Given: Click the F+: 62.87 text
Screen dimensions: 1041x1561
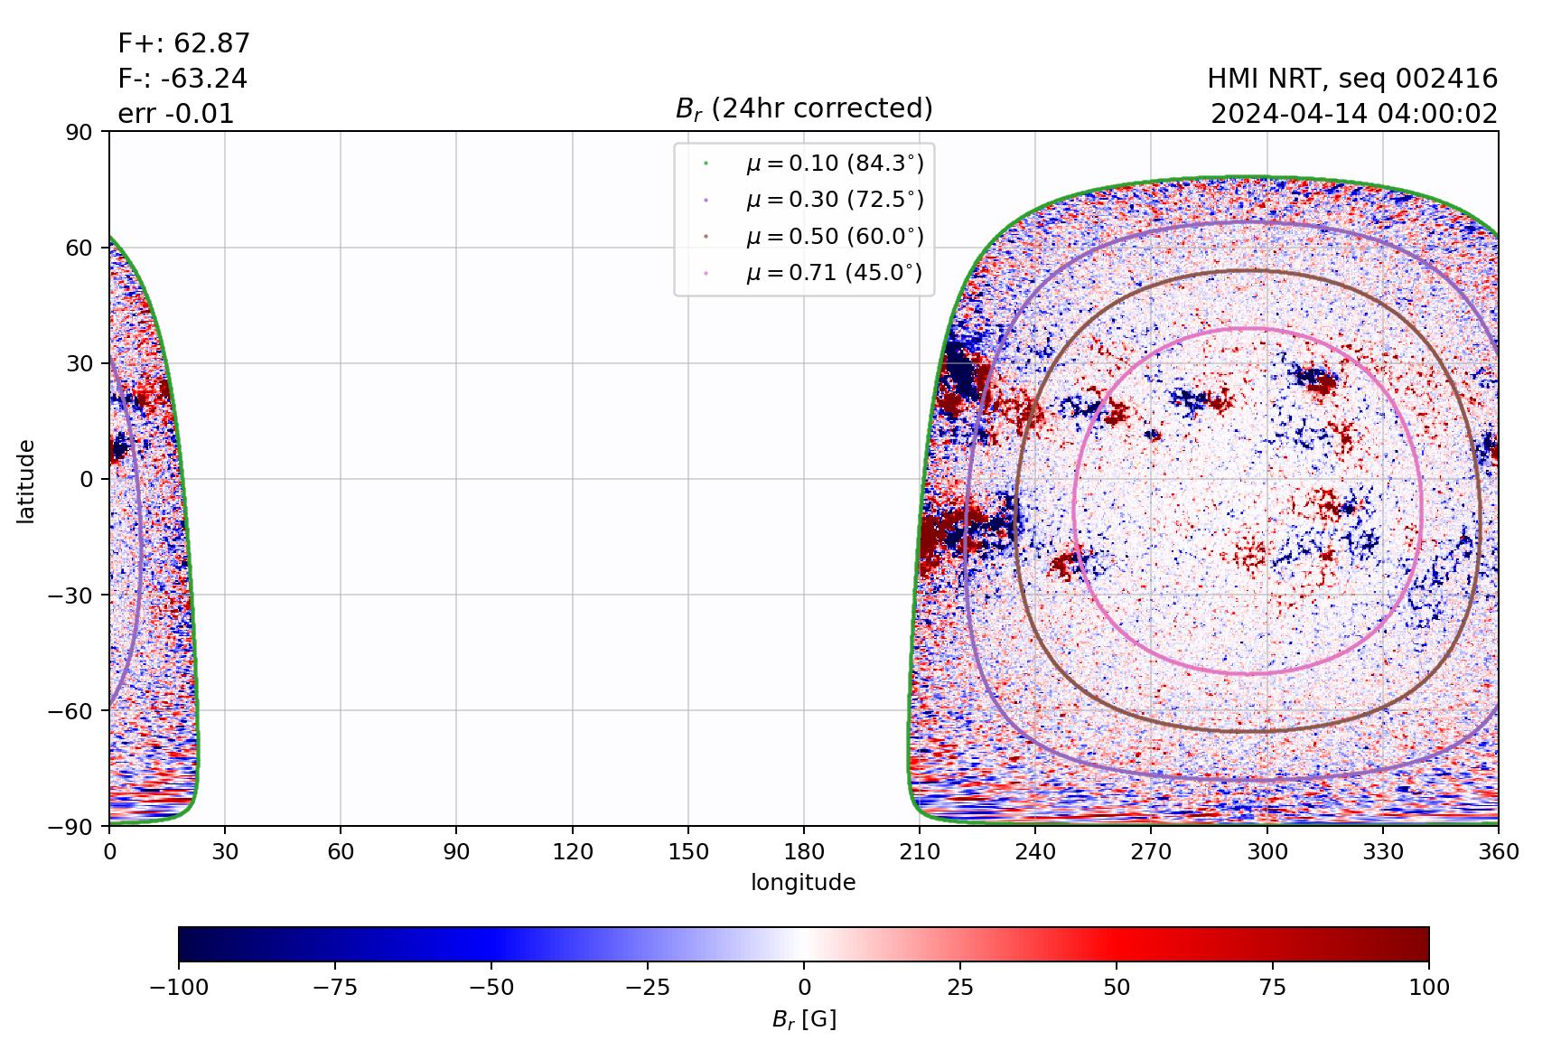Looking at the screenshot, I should tap(183, 43).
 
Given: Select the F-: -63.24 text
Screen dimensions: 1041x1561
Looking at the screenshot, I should tap(182, 79).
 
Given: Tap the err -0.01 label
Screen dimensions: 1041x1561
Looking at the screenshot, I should tap(175, 114).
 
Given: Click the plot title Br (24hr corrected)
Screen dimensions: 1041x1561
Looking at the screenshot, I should tap(803, 108).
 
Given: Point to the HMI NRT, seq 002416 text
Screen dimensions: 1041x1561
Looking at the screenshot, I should tap(1351, 79).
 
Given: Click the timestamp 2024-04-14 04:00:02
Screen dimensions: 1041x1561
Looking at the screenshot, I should tap(1353, 114).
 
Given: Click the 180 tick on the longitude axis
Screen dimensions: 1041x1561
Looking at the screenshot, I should tap(804, 852).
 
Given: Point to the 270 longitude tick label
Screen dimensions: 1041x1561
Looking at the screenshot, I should tap(1151, 852).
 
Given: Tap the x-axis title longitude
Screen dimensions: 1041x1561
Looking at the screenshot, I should tap(803, 883).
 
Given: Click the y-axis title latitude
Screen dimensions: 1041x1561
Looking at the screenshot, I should tap(26, 480).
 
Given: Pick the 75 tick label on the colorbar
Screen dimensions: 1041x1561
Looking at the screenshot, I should tap(1273, 987).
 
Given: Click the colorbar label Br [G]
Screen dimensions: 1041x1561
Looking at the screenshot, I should tap(803, 1019).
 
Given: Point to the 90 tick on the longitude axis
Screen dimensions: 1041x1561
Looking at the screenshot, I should tap(456, 852).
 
